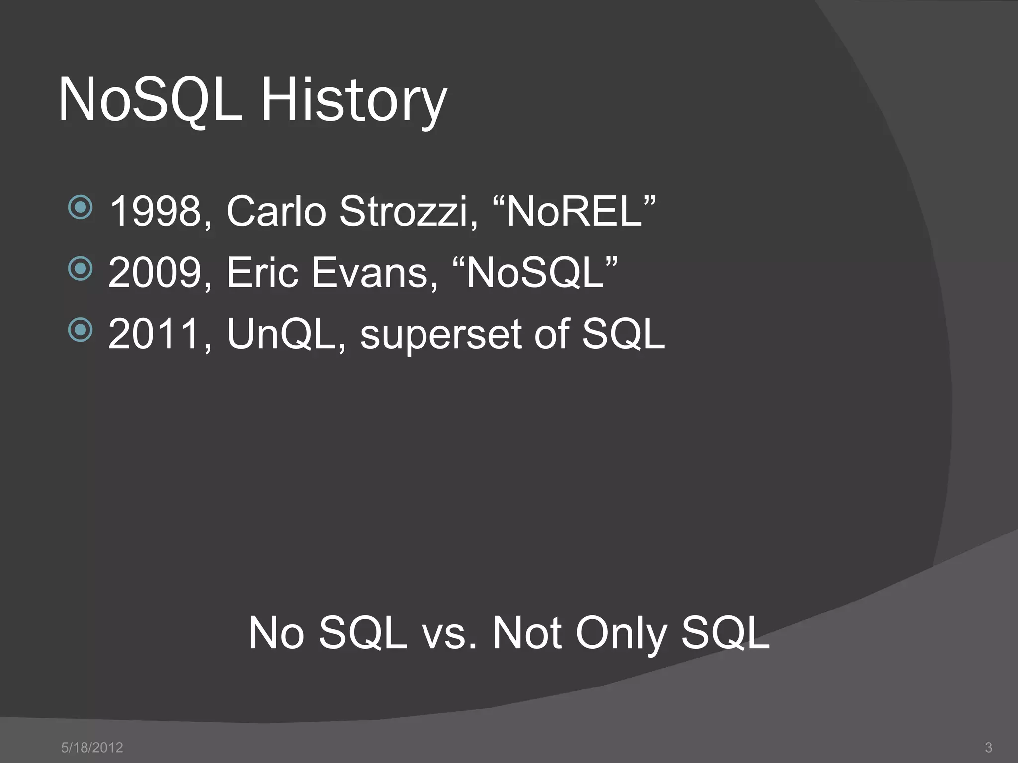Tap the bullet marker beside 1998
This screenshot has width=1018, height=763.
pos(80,208)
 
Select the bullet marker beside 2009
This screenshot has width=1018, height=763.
pos(80,269)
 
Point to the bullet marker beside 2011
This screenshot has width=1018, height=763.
pos(80,330)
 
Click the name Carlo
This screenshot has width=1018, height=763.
pos(276,212)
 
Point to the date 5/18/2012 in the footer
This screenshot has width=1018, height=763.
pos(92,747)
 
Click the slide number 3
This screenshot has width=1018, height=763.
pos(988,747)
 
